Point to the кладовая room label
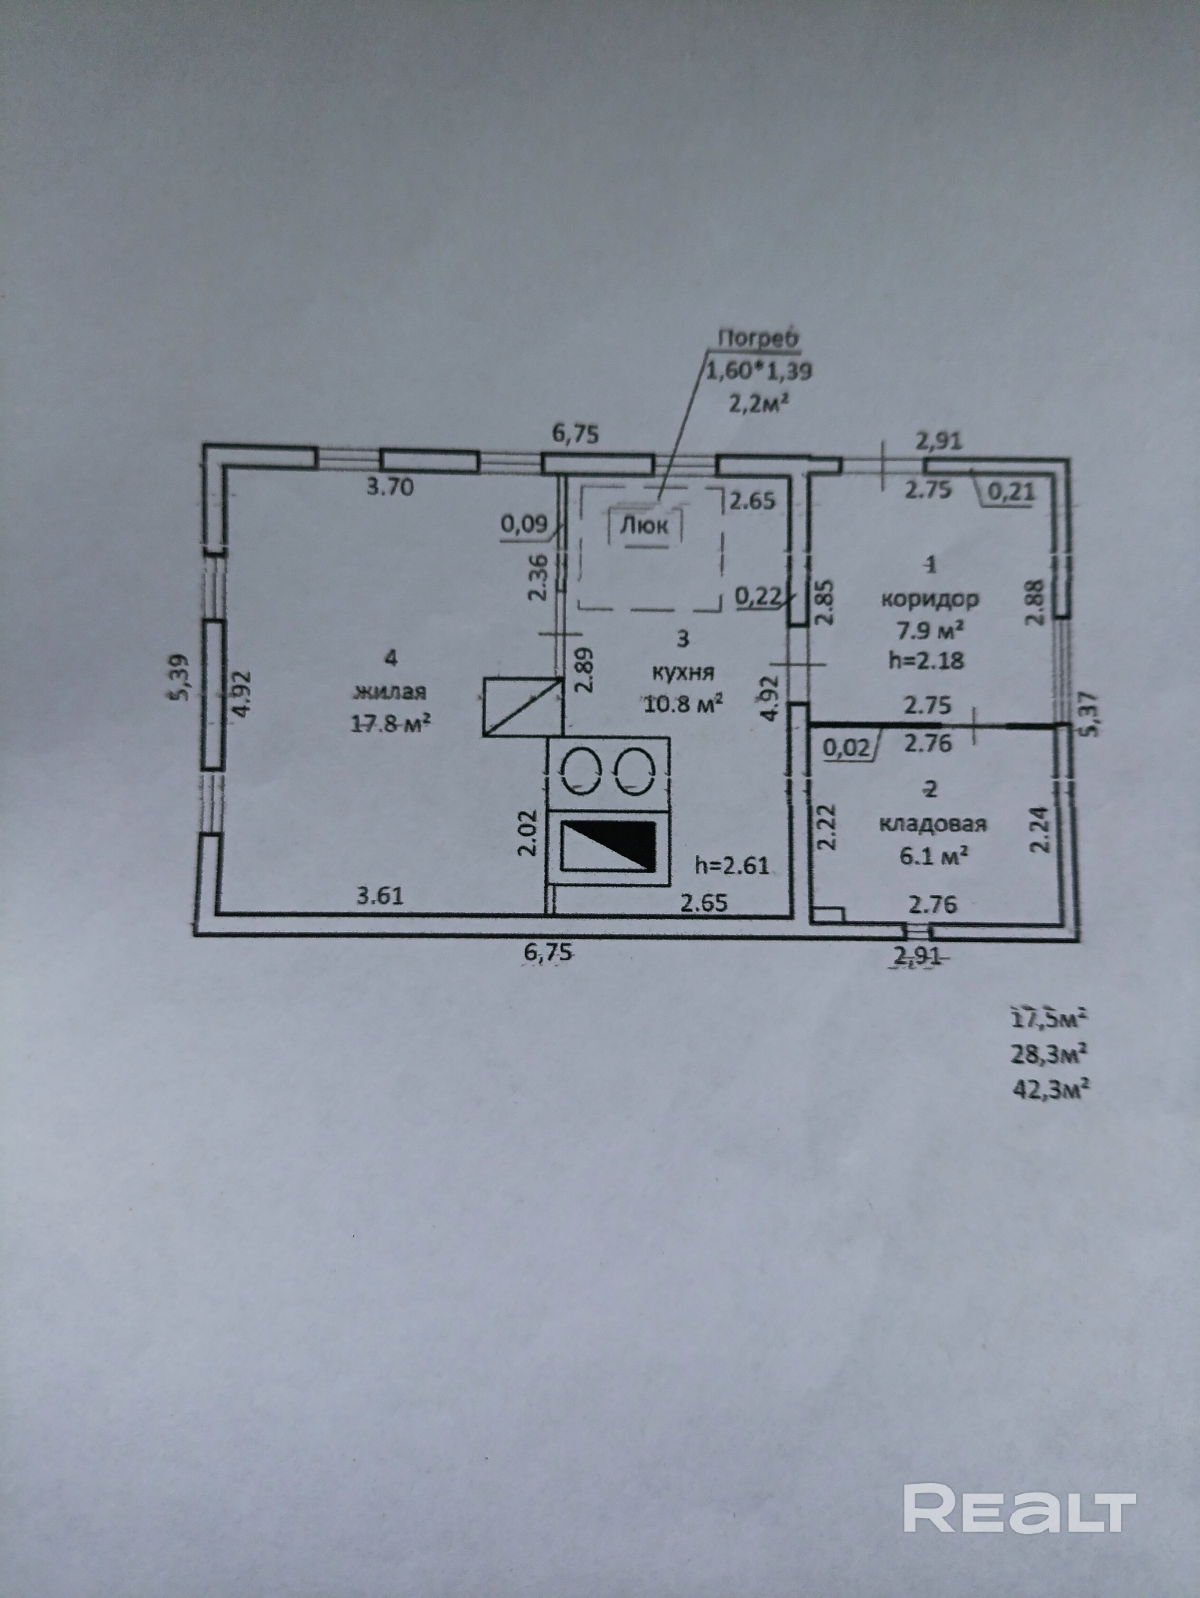pos(933,824)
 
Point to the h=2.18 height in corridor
pos(926,660)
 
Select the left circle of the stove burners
pos(582,771)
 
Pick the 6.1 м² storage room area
pos(933,856)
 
